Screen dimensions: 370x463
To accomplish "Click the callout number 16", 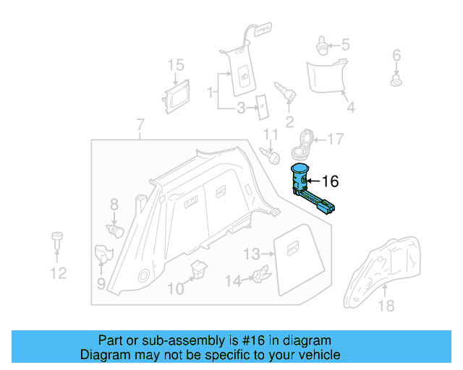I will click(x=329, y=181).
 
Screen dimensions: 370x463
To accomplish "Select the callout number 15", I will click(x=177, y=66).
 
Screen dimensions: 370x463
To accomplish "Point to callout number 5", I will click(x=345, y=45).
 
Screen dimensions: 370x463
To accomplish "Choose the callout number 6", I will click(x=396, y=56).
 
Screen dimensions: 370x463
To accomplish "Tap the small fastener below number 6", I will click(x=396, y=80).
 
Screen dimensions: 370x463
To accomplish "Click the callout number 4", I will click(x=350, y=108).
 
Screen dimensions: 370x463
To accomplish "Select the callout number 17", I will click(x=336, y=139).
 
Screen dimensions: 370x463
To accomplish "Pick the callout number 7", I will click(x=140, y=126).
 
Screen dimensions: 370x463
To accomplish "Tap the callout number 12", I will click(x=58, y=272).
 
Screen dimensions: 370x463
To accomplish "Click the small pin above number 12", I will click(x=56, y=239).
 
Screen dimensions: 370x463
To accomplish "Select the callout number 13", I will click(x=251, y=254).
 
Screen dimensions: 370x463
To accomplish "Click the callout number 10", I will click(x=176, y=288).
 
